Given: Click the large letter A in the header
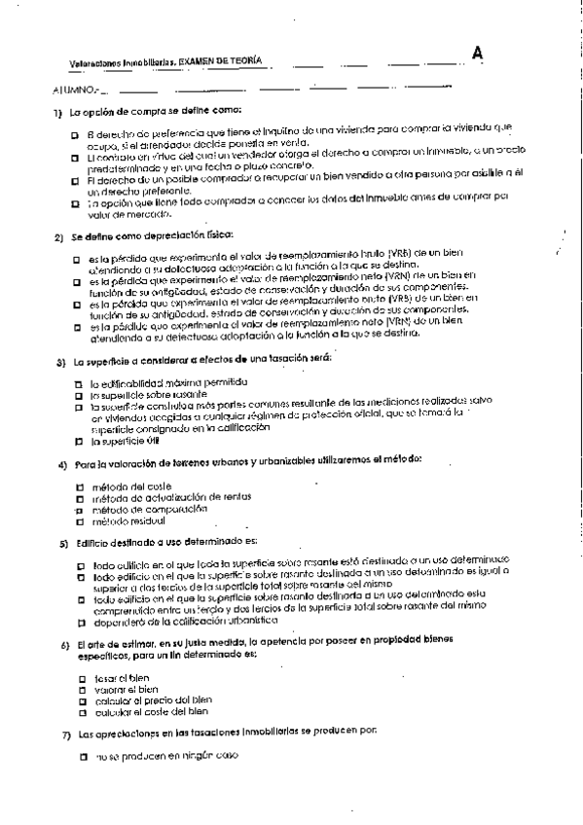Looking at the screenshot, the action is [477, 54].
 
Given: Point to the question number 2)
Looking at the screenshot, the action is [58, 237].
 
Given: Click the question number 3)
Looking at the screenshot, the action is [59, 361].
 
